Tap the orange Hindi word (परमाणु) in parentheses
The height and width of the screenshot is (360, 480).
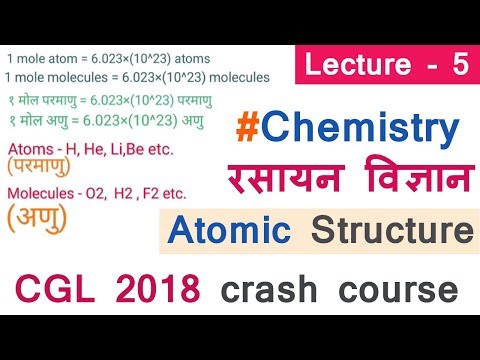click(45, 166)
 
